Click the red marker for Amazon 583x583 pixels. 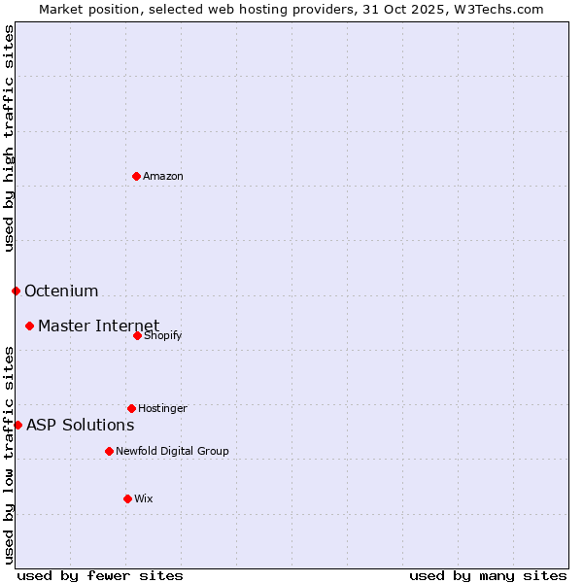pyautogui.click(x=136, y=176)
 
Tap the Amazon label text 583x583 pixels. pyautogui.click(x=163, y=176)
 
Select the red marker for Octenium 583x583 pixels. pyautogui.click(x=16, y=291)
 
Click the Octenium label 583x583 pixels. pyautogui.click(x=61, y=291)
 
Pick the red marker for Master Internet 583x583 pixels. pyautogui.click(x=29, y=326)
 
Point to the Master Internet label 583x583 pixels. pyautogui.click(x=98, y=326)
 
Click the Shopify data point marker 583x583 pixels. pyautogui.click(x=137, y=335)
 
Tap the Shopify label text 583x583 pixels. pyautogui.click(x=162, y=335)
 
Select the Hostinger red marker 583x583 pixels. pyautogui.click(x=131, y=408)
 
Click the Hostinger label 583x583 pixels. pyautogui.click(x=162, y=408)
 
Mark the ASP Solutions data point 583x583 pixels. pyautogui.click(x=17, y=425)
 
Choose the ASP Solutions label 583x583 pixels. pyautogui.click(x=80, y=425)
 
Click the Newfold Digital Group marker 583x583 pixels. pyautogui.click(x=109, y=451)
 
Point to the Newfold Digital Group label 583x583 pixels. pyautogui.click(x=172, y=451)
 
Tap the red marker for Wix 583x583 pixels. pyautogui.click(x=127, y=498)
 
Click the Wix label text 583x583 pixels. pyautogui.click(x=144, y=498)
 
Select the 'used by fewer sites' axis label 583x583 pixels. pyautogui.click(x=100, y=575)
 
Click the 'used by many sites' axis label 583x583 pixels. pyautogui.click(x=488, y=575)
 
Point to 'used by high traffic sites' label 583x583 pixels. pyautogui.click(x=9, y=138)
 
